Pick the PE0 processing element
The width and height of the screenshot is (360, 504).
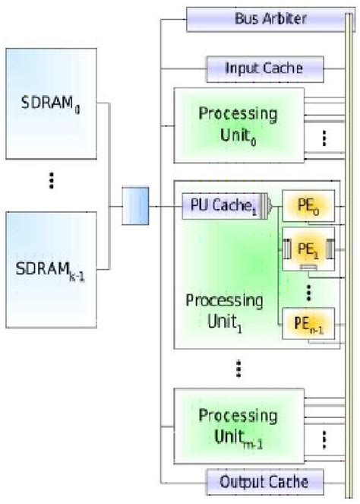(x=308, y=206)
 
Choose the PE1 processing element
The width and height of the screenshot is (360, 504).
(x=308, y=249)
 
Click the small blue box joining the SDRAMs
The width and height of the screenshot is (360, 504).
(x=135, y=206)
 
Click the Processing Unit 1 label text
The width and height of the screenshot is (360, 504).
(x=223, y=311)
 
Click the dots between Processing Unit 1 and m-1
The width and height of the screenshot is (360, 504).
(x=238, y=368)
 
